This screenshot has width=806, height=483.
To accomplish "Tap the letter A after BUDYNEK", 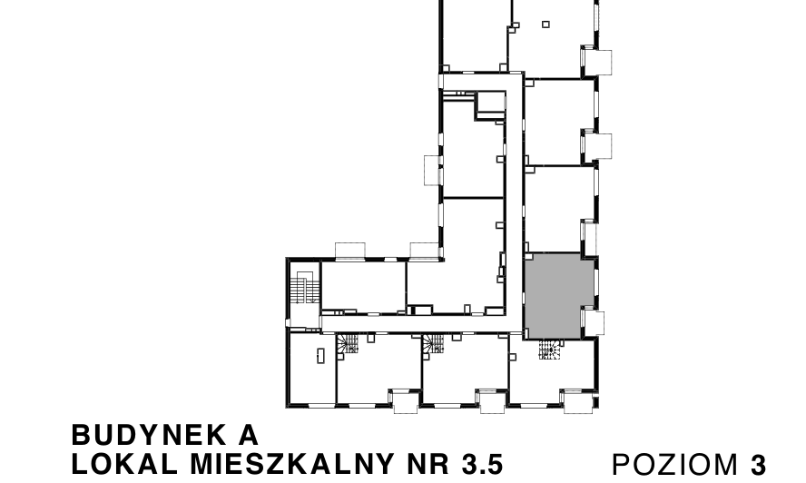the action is coord(249,435).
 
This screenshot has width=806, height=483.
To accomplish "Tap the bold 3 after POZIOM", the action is coord(758,465).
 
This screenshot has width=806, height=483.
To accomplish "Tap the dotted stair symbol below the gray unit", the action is coord(550,350).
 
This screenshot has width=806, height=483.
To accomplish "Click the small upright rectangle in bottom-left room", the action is coord(320,355).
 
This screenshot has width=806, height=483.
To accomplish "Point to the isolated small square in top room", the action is coord(546,25).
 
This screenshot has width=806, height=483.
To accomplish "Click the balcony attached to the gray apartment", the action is coord(594,322).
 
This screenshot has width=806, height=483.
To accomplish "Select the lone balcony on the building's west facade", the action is coord(432,170).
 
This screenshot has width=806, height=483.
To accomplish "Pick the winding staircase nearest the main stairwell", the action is coord(348,345).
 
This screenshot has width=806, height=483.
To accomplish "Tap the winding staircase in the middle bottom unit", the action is coord(433,345).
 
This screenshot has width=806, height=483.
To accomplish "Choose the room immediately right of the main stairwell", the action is coord(363,286).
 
